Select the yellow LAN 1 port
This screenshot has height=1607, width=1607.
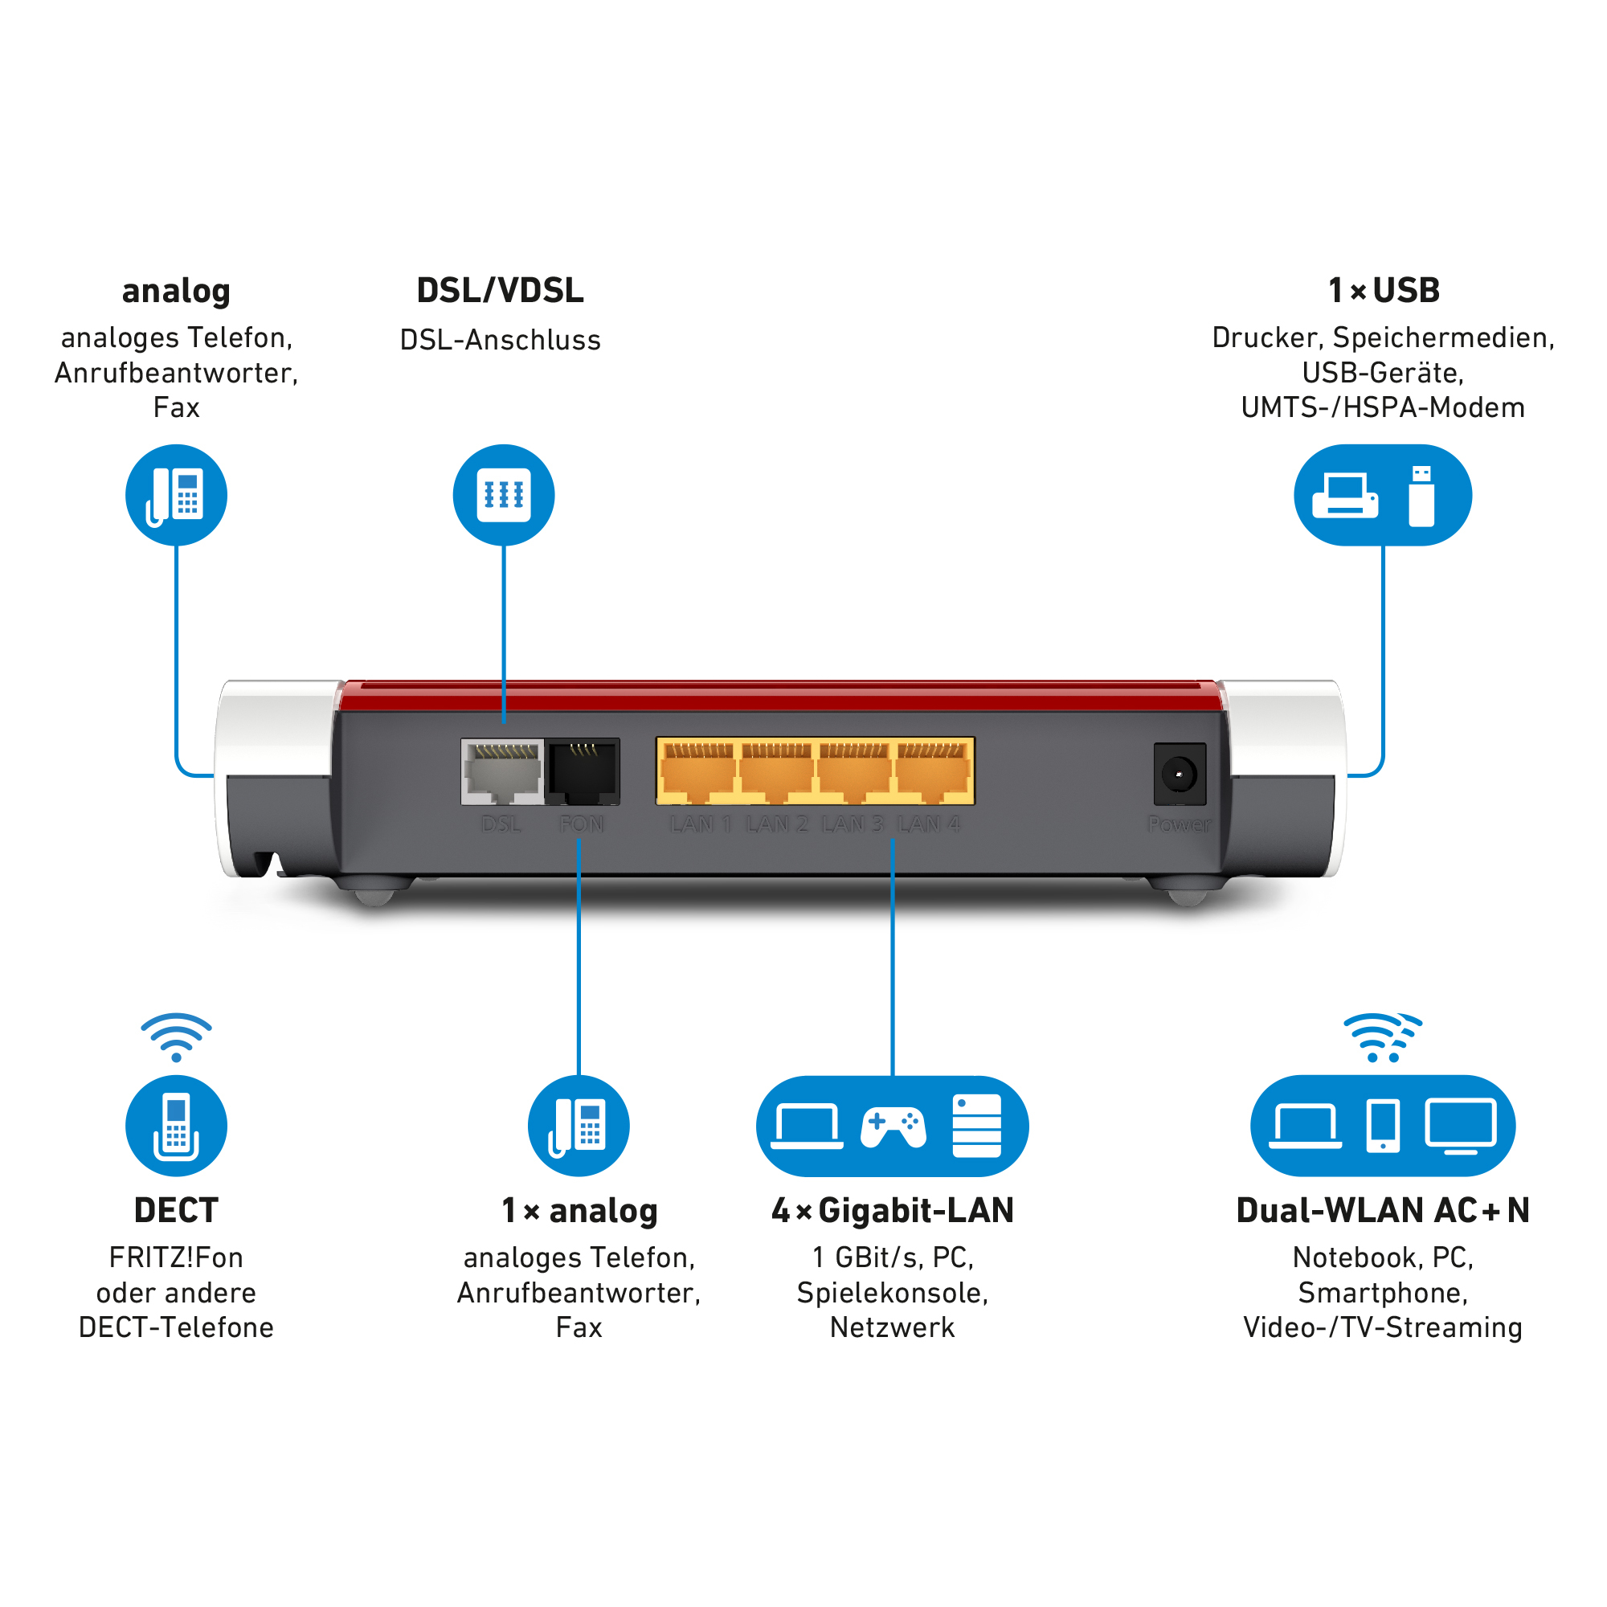[697, 773]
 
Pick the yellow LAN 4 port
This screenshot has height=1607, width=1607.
[933, 773]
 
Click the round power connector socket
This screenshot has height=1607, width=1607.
[1179, 775]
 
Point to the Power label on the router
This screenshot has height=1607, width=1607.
[1179, 824]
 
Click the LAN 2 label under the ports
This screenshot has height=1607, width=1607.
[776, 824]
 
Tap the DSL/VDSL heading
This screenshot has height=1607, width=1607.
[500, 290]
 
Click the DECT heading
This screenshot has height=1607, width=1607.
[175, 1210]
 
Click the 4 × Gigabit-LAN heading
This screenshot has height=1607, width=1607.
[893, 1210]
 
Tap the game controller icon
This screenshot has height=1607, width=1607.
[893, 1127]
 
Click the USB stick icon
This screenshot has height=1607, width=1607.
[1421, 496]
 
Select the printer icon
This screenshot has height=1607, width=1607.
[1344, 496]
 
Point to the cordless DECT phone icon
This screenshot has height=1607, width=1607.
[175, 1127]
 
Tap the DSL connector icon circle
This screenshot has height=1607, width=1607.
[503, 495]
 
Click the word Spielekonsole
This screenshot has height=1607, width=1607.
[893, 1293]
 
